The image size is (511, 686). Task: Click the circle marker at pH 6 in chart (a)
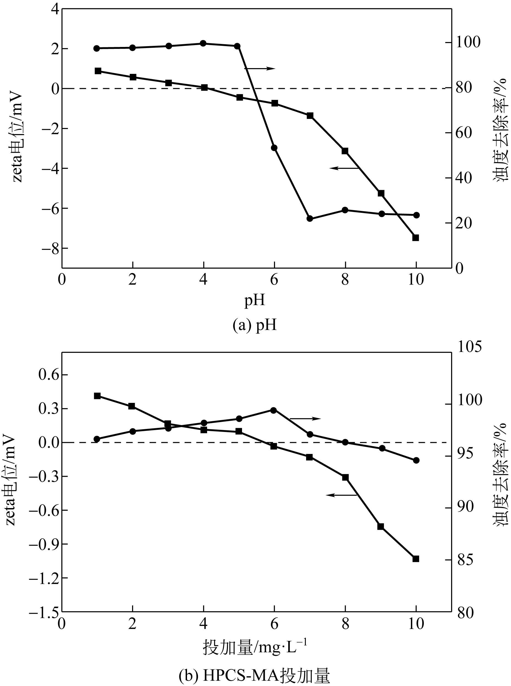[274, 148]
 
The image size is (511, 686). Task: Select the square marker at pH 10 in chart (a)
[416, 238]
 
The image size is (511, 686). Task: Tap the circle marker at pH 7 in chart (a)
[310, 218]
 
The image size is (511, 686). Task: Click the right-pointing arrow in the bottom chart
[305, 419]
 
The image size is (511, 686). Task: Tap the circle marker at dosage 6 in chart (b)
[273, 410]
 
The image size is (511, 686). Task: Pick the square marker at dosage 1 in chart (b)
[97, 396]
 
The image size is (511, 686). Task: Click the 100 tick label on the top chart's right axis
[469, 42]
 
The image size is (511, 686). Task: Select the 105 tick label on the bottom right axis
[469, 347]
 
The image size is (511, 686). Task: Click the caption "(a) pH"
[255, 325]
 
